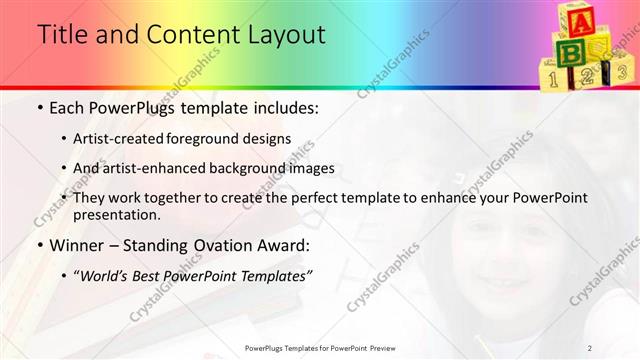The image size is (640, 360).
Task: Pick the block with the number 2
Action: click(587, 75)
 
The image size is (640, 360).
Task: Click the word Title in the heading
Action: click(60, 34)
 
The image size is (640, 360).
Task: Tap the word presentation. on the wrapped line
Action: click(116, 215)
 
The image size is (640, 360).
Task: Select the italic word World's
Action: click(103, 274)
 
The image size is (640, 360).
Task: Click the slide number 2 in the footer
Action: click(589, 348)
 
